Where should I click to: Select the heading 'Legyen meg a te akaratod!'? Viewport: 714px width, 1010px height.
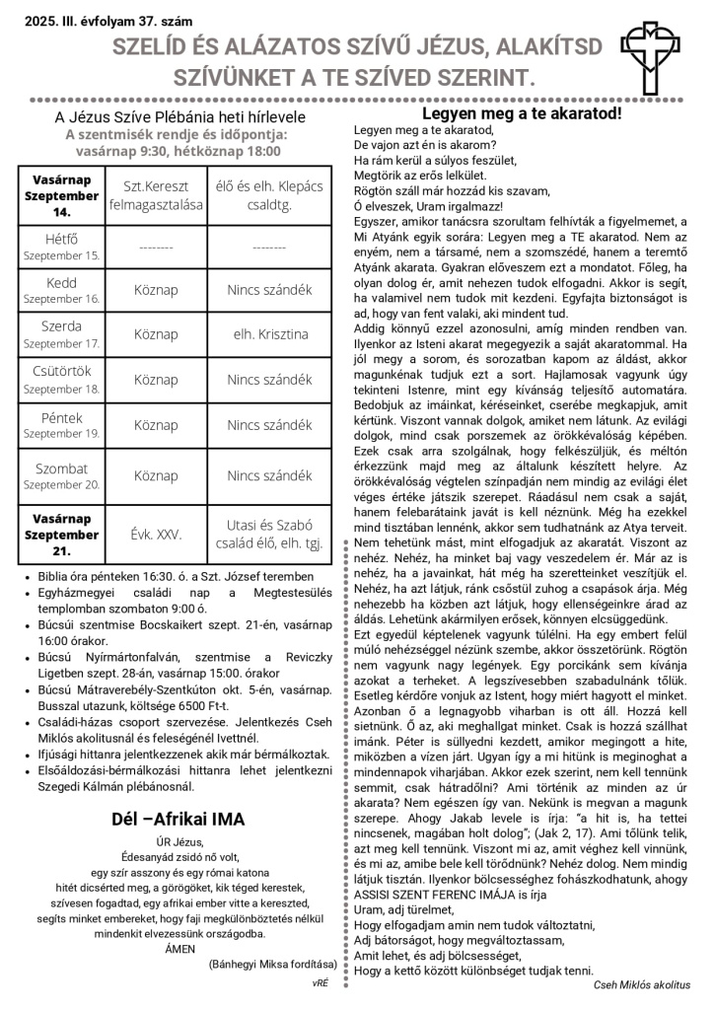point(522,113)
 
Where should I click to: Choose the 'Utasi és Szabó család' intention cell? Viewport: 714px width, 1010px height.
point(269,535)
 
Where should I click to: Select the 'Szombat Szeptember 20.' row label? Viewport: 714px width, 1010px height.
point(62,475)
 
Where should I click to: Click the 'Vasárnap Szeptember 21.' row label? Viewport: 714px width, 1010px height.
point(62,535)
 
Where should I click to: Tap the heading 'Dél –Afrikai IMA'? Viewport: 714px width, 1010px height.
point(178,820)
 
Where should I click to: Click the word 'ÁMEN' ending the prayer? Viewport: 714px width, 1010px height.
point(178,949)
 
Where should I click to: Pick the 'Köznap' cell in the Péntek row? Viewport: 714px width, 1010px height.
point(156,426)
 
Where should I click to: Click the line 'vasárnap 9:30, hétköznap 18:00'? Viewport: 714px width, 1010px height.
point(178,151)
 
